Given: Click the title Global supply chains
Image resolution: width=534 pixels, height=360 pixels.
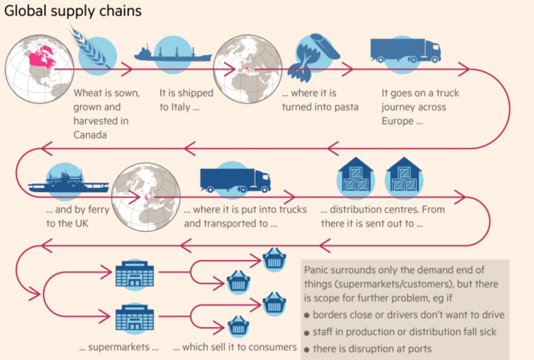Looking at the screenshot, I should (x=73, y=11).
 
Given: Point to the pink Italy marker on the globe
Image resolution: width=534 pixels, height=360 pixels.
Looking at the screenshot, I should (x=248, y=69).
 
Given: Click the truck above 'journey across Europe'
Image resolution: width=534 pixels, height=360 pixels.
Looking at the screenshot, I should (x=405, y=51).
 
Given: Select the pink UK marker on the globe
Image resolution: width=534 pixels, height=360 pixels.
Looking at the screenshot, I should (x=146, y=198).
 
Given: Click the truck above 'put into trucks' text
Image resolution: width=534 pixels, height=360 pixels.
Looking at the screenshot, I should (x=235, y=180).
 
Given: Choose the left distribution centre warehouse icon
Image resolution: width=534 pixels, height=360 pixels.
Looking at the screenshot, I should (x=355, y=176).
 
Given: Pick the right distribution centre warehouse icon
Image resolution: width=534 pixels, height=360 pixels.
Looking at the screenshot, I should (x=404, y=176).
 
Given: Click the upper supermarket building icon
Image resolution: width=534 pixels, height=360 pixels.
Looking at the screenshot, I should (x=135, y=274).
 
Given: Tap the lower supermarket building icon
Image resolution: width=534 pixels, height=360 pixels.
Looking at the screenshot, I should (x=135, y=317).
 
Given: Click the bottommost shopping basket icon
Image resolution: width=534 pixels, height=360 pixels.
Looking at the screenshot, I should (x=238, y=326).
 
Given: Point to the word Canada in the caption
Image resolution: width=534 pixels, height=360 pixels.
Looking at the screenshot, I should (x=90, y=135).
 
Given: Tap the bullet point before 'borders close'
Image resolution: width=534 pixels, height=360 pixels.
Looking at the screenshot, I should (x=307, y=315).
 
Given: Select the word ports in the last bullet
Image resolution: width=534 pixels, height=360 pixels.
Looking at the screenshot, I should (x=420, y=349).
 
